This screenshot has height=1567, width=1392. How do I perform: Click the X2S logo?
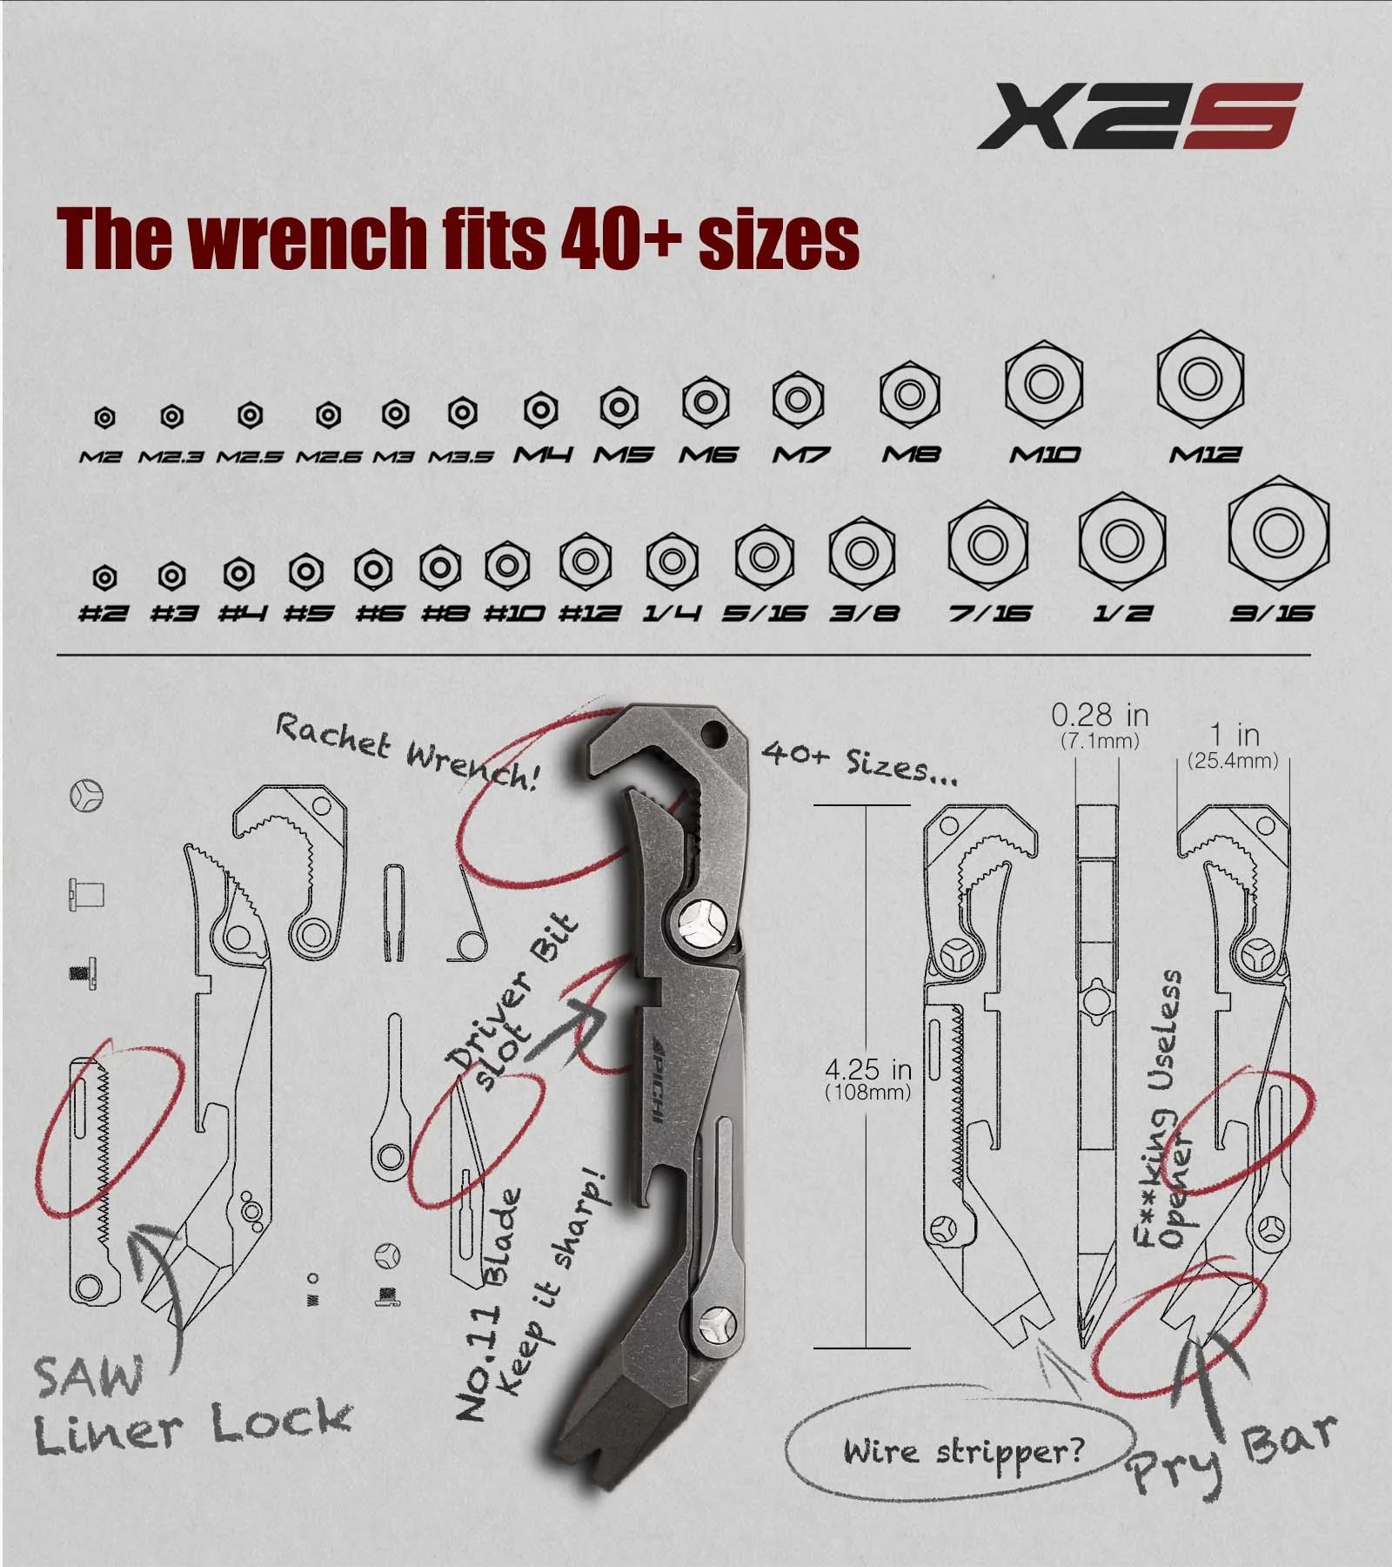tap(1140, 115)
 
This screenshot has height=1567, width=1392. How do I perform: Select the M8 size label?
tap(911, 454)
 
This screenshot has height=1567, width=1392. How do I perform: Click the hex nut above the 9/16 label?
tap(1278, 531)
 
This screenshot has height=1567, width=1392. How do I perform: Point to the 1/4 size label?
tap(672, 613)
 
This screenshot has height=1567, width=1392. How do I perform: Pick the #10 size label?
tap(514, 613)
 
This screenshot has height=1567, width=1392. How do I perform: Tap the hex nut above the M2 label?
tap(104, 418)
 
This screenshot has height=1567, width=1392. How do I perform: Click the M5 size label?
tap(623, 454)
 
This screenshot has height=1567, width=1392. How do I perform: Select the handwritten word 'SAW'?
tap(88, 1377)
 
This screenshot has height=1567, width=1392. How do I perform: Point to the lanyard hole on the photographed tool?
tap(716, 728)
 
